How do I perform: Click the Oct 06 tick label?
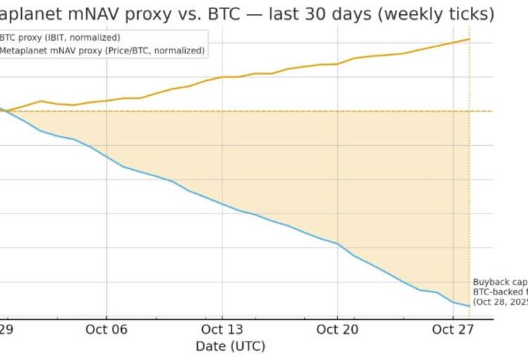point(106,329)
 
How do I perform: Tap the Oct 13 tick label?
point(222,329)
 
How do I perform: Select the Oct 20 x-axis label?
point(337,329)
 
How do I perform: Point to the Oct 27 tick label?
point(453,329)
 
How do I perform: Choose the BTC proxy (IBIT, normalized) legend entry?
point(59,37)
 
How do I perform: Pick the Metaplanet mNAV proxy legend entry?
point(102,51)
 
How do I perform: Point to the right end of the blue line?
point(469,306)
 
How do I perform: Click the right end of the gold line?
point(469,39)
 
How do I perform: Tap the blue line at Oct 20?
point(337,244)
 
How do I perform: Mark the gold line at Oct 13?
point(222,77)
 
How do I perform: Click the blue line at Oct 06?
point(106,156)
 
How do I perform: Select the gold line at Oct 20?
point(337,63)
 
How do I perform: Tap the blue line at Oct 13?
point(222,204)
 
